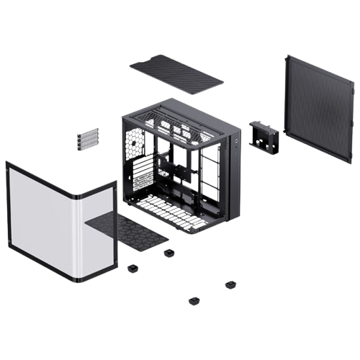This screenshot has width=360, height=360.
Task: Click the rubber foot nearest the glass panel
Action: point(132,268)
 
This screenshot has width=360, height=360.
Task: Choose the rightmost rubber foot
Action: point(230,285)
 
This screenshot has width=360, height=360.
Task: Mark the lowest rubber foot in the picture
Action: point(193,301)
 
